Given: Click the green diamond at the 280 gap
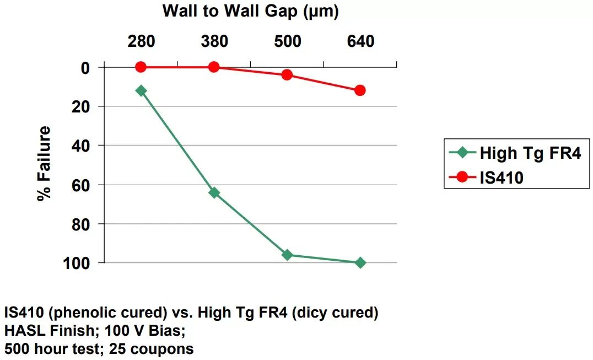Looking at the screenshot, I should (x=141, y=90).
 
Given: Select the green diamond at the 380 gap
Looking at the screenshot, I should (x=214, y=192).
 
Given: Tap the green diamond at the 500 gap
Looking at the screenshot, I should (x=287, y=255).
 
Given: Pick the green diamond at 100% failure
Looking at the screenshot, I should (x=360, y=263).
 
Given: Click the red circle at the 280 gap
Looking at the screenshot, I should (x=141, y=67).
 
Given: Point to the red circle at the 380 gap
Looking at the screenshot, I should (x=214, y=67).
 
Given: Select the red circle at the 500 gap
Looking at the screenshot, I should (x=287, y=74).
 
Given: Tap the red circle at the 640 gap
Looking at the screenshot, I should (x=360, y=90).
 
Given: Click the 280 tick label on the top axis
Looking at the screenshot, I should (x=141, y=41).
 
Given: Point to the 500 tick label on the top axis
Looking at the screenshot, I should (x=287, y=41).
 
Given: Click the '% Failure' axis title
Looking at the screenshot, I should (x=45, y=164).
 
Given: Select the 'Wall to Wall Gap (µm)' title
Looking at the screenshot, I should (x=250, y=10).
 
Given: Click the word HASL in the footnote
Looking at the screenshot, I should (x=23, y=331).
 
